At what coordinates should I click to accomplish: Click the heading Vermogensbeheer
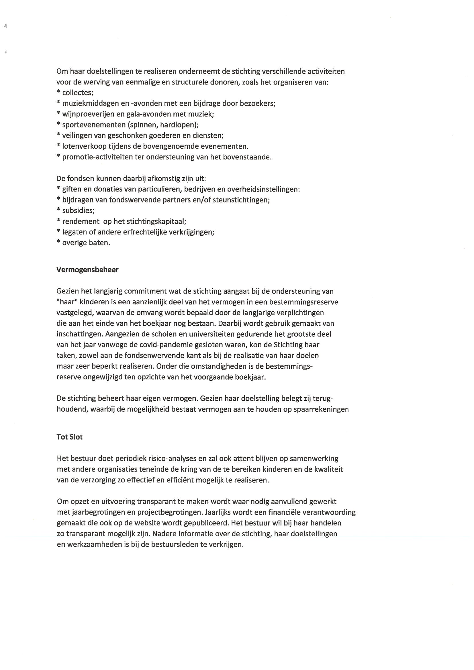pos(87,270)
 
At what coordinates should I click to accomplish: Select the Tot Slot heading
pos(70,437)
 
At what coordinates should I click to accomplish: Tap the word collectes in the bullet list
pos(77,93)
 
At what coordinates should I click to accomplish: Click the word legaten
pos(74,232)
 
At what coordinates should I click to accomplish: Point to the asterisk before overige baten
pos(58,242)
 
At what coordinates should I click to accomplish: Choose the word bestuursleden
pos(173,545)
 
